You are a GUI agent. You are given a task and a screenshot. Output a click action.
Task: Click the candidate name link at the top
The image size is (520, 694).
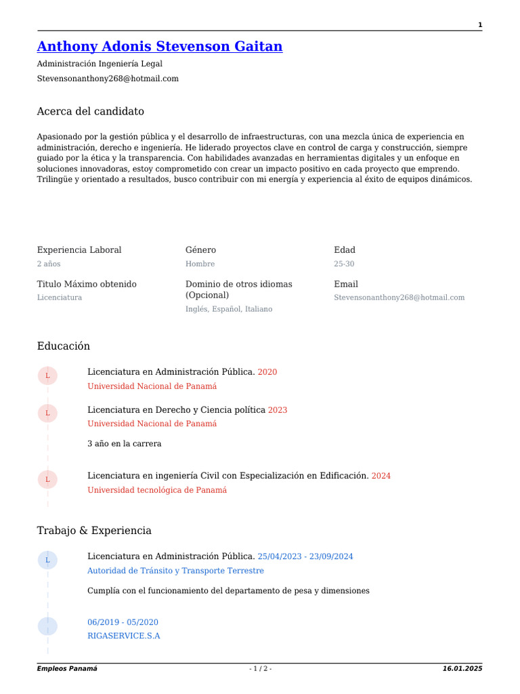[x=159, y=47]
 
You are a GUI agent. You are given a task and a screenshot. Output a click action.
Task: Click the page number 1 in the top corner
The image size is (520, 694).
[x=480, y=25]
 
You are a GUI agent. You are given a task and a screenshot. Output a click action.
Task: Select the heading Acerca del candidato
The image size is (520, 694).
[x=90, y=111]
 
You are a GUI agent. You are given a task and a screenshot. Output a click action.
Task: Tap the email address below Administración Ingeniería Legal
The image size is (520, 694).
[x=108, y=79]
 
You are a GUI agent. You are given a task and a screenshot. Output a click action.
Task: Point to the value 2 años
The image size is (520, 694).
[x=48, y=264]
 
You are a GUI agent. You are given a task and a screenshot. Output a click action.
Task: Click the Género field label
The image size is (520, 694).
[x=200, y=250]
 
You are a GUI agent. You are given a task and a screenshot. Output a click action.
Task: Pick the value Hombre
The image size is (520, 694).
[x=200, y=264]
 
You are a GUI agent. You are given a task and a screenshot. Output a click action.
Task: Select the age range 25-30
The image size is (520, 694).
[x=343, y=264]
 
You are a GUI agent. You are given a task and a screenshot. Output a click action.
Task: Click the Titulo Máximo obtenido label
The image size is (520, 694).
[x=87, y=284]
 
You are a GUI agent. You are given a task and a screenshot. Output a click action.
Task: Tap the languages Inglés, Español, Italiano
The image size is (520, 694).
[x=229, y=309]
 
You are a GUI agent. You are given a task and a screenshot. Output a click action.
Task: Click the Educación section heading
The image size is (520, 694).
[x=63, y=346]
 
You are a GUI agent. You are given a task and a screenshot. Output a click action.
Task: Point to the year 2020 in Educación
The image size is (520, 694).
[x=267, y=372]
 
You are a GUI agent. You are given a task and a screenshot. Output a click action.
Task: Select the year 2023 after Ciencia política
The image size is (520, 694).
[x=278, y=410]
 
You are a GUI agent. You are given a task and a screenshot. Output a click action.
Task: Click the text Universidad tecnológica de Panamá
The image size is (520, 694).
[x=157, y=490]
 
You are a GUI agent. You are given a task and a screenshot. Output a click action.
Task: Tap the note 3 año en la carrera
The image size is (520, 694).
[x=125, y=444]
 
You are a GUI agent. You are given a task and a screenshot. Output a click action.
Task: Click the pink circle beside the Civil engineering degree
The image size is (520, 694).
[x=47, y=480]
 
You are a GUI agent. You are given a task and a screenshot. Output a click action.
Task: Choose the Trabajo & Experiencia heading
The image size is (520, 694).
[x=94, y=531]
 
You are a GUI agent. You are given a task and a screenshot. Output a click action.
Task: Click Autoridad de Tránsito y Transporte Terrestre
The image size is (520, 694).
[x=175, y=571]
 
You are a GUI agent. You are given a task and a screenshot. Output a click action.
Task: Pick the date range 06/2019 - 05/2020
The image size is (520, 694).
[x=123, y=622]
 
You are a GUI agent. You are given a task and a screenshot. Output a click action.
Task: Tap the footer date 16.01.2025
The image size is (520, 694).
[x=462, y=669]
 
